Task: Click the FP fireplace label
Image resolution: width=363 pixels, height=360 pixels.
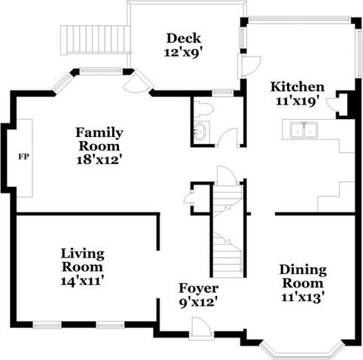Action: tap(24, 157)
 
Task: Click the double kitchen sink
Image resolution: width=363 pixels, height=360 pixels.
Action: tap(304, 130)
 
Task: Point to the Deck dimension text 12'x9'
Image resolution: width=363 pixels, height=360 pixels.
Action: tap(183, 53)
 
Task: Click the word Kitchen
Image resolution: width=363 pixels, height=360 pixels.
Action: tap(297, 87)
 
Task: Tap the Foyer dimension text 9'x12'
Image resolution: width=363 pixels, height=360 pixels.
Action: tap(198, 303)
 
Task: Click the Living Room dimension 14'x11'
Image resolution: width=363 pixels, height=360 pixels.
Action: tap(82, 281)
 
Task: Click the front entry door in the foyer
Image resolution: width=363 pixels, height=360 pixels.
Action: tap(200, 327)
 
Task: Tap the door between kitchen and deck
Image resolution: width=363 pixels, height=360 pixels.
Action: tap(249, 66)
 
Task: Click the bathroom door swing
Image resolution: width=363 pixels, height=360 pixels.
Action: tap(227, 137)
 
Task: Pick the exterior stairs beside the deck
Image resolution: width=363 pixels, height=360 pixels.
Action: tap(95, 40)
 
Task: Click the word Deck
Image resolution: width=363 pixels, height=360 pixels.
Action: tap(184, 38)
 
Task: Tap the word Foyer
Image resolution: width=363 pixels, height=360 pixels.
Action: tap(198, 288)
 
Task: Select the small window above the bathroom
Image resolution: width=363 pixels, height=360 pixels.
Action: tap(223, 93)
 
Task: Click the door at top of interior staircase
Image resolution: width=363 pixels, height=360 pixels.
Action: tap(227, 175)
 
